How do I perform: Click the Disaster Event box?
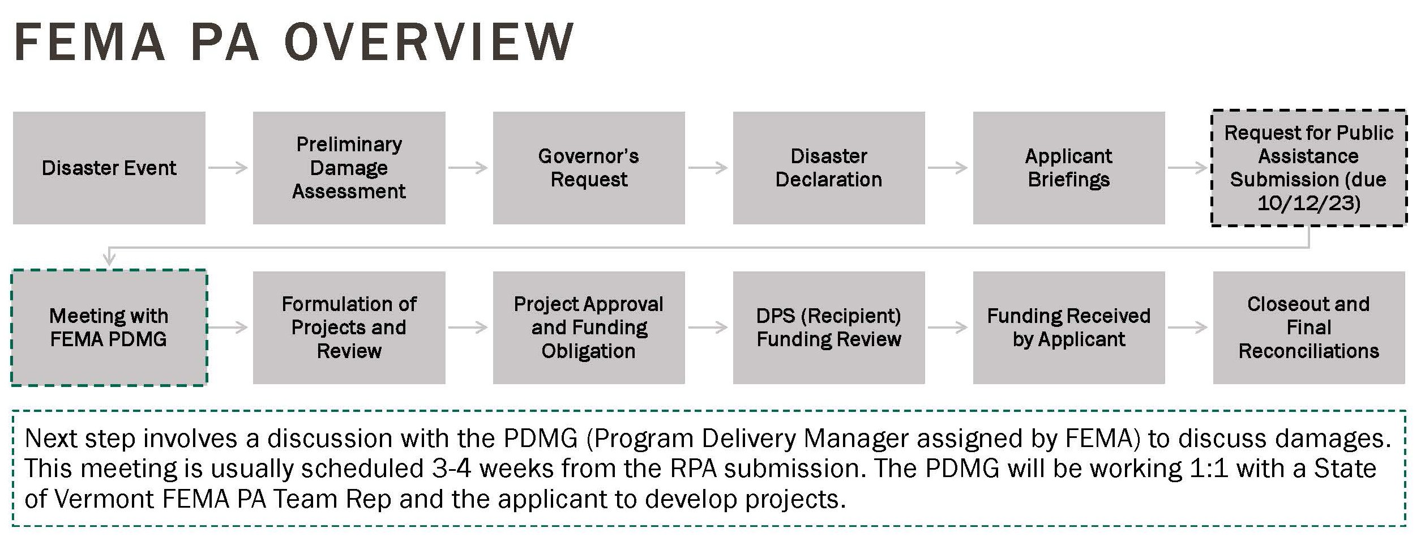[x=109, y=168]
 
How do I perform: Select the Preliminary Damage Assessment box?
[x=349, y=168]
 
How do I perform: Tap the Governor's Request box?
[x=589, y=168]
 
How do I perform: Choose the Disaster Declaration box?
[x=829, y=168]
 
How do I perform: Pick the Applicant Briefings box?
[x=1069, y=168]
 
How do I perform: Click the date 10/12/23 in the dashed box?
[x=1308, y=203]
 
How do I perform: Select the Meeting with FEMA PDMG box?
[x=109, y=327]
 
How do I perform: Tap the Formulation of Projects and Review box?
[x=349, y=327]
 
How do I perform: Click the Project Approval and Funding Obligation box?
[x=589, y=327]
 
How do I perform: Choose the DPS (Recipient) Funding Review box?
[x=829, y=327]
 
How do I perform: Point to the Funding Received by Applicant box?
[x=1069, y=327]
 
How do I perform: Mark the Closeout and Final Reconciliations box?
[x=1309, y=327]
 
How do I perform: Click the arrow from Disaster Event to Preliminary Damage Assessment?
[x=228, y=168]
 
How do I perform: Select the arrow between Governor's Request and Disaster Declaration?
[x=708, y=168]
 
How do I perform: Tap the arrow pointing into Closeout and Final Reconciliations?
[x=1188, y=327]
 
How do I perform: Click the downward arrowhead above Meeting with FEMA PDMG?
[x=109, y=260]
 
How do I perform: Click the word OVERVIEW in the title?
[x=429, y=42]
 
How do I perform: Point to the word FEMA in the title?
[x=89, y=42]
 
